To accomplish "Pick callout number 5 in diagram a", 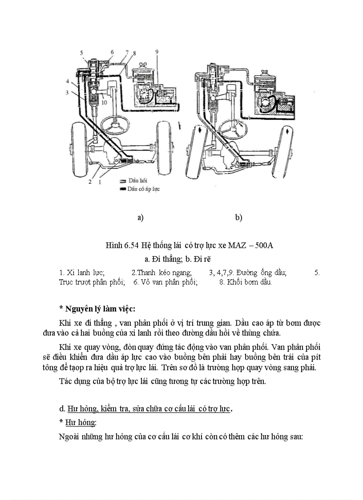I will [x=81, y=53].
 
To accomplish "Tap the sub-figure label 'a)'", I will [x=141, y=218].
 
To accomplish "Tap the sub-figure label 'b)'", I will [x=238, y=218].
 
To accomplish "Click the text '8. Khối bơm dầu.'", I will [x=245, y=282].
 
